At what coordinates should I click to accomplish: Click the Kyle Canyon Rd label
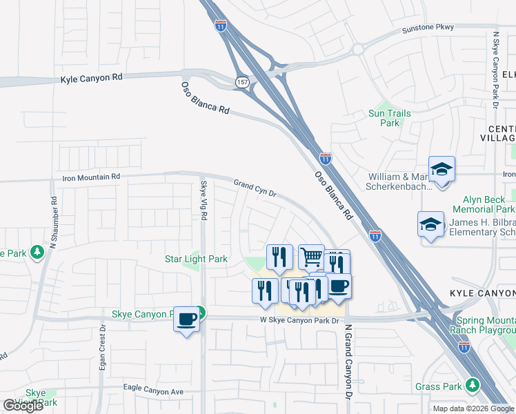pyautogui.click(x=91, y=78)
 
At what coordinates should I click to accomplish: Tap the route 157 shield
pyautogui.click(x=242, y=81)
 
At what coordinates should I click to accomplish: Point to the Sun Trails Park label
pyautogui.click(x=390, y=118)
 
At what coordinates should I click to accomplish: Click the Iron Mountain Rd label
pyautogui.click(x=91, y=177)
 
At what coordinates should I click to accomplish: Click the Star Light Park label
pyautogui.click(x=196, y=259)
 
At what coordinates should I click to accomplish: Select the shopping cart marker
pyautogui.click(x=312, y=257)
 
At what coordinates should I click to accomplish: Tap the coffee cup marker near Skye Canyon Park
pyautogui.click(x=186, y=319)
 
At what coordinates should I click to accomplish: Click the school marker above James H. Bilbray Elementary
pyautogui.click(x=431, y=224)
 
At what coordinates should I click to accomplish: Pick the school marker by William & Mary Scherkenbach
pyautogui.click(x=441, y=169)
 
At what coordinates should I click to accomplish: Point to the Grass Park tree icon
pyautogui.click(x=472, y=384)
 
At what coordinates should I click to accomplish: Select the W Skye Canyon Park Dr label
pyautogui.click(x=300, y=320)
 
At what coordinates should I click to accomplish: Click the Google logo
pyautogui.click(x=23, y=406)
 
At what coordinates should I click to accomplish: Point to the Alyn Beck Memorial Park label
pyautogui.click(x=484, y=204)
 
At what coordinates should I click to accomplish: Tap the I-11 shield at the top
pyautogui.click(x=220, y=26)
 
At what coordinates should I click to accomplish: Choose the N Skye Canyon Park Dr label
pyautogui.click(x=496, y=69)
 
